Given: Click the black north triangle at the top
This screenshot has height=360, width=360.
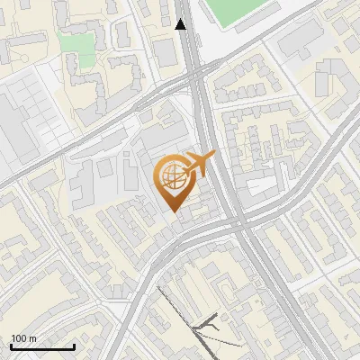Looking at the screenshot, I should pos(182,24).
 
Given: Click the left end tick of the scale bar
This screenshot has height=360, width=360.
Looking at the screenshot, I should pos(12,346).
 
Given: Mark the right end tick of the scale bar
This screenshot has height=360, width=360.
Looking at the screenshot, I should pos(74,346).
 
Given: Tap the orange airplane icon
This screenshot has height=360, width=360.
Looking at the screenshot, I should pos(198,165).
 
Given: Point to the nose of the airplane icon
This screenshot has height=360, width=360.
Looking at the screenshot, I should pos(215,156).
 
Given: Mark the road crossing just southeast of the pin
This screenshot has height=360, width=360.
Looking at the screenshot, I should pos(238,224).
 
